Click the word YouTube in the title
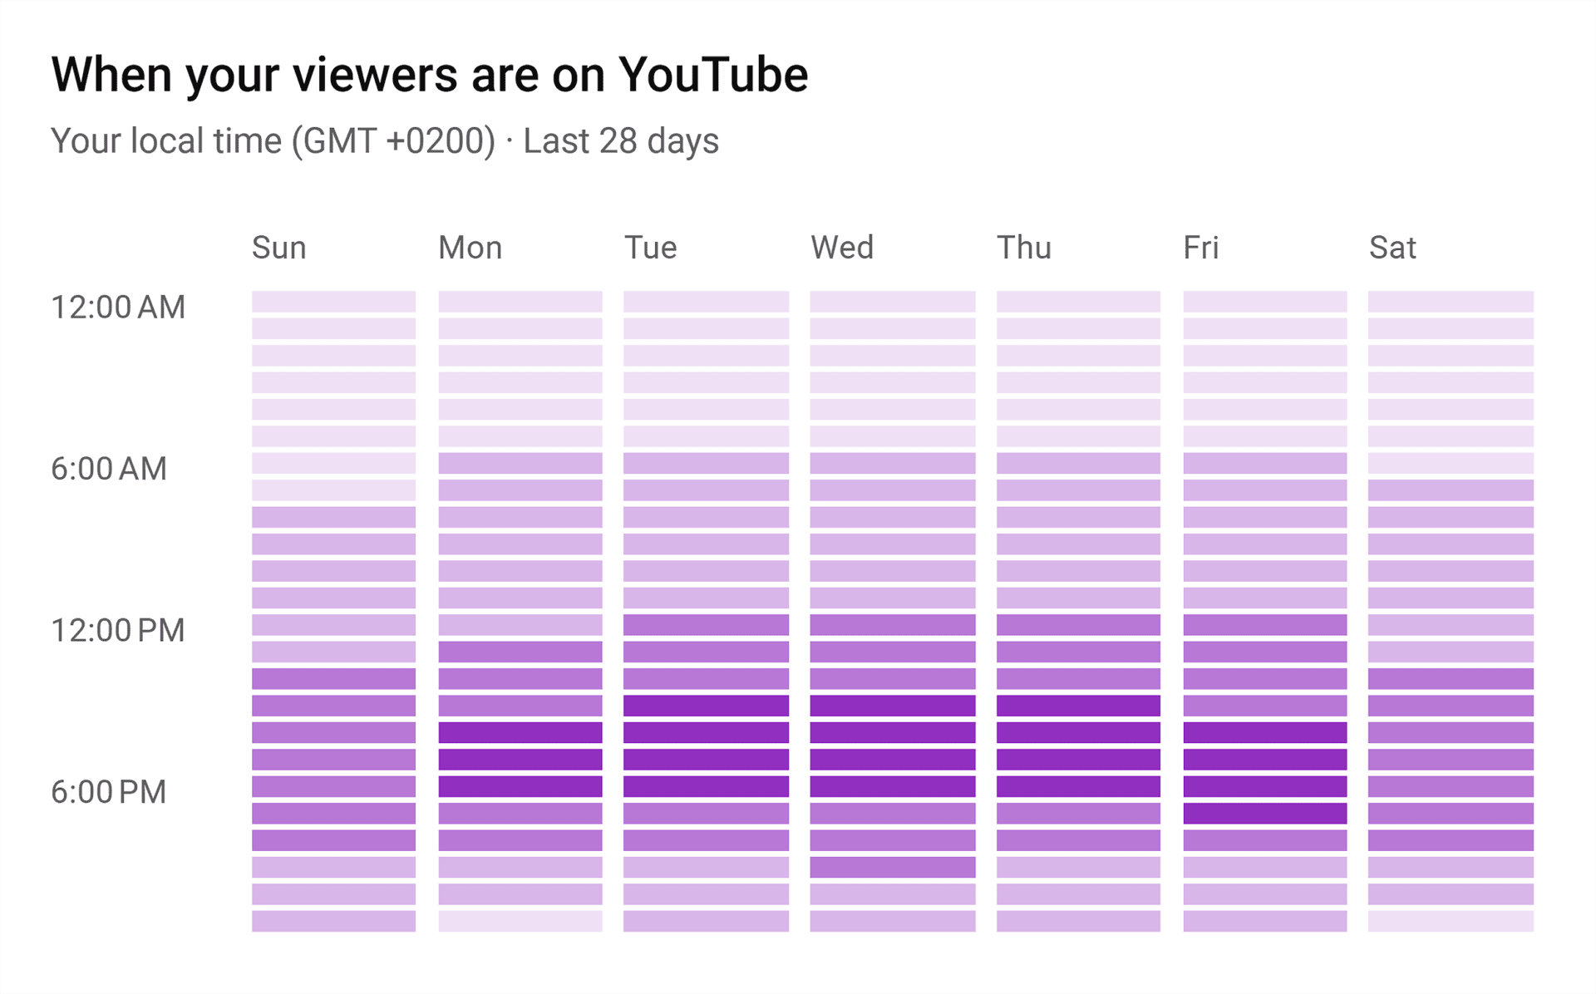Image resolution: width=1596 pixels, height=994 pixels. [x=712, y=75]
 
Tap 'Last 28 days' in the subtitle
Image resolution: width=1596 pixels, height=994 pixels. [x=620, y=140]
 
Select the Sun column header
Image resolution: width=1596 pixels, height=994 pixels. [x=279, y=248]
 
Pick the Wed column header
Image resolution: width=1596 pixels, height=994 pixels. [x=842, y=248]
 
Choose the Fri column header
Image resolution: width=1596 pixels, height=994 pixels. [x=1200, y=248]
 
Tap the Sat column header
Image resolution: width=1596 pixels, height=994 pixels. [x=1392, y=248]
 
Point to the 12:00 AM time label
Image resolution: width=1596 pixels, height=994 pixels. [x=118, y=308]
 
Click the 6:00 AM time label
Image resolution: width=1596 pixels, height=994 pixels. [x=109, y=469]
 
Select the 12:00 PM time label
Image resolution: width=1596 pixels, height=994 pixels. [x=118, y=630]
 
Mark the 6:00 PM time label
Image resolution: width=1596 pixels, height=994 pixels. [x=109, y=792]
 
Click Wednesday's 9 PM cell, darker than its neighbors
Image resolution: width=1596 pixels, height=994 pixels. [x=892, y=867]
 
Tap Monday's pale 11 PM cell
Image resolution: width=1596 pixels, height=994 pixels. [x=520, y=921]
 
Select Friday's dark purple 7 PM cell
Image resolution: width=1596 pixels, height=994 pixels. [x=1264, y=813]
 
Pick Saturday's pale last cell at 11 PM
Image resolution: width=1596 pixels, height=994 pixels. [x=1451, y=921]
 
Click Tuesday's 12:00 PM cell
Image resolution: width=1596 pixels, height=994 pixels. [x=706, y=624]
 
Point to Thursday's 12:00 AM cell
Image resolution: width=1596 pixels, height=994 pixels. [x=1078, y=301]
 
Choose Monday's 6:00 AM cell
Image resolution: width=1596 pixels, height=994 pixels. [x=520, y=463]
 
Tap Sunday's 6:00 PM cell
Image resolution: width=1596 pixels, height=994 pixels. [x=333, y=786]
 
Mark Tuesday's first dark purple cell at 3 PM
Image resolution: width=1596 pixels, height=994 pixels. [x=706, y=706]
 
